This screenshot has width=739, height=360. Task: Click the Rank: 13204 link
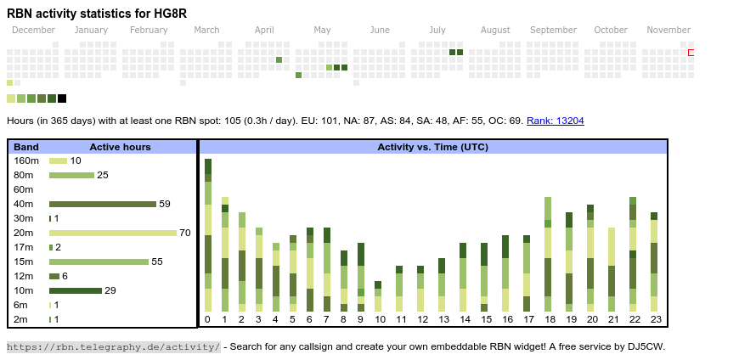[x=555, y=121]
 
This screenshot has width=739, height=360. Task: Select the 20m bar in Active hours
[x=113, y=233]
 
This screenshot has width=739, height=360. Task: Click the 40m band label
[x=24, y=204]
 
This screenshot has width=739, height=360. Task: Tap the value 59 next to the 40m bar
[x=165, y=204]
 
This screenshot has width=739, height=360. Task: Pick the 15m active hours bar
[x=99, y=262]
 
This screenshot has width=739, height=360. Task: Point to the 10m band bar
[x=76, y=290]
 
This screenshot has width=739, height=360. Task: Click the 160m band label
[x=26, y=160]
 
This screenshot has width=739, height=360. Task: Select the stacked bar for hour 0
[x=208, y=235]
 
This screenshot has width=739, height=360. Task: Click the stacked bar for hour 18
[x=548, y=254]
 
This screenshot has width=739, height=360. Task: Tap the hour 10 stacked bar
[x=378, y=296]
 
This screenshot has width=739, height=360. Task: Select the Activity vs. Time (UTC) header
[x=432, y=147]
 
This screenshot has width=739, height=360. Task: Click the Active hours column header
[x=120, y=147]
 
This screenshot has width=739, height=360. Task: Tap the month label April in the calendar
[x=264, y=30]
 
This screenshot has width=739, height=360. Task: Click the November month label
[x=668, y=30]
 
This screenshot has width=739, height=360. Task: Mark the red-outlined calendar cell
[x=691, y=53]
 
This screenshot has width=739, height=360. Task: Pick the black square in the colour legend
[x=62, y=98]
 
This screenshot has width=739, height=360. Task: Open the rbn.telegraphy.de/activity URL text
[x=113, y=346]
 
